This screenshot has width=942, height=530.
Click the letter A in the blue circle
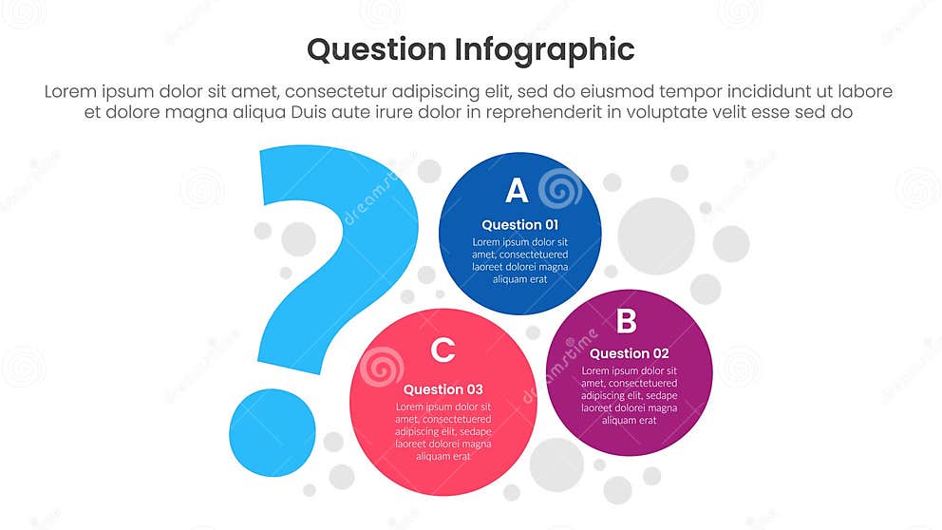[516, 191]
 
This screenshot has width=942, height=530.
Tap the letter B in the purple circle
[626, 322]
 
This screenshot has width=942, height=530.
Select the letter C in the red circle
[443, 350]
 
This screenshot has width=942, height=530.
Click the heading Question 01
[519, 225]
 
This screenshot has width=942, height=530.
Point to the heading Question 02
[629, 353]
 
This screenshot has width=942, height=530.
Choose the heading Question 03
[443, 389]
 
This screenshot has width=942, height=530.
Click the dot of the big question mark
[273, 432]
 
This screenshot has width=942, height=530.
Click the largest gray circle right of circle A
[656, 236]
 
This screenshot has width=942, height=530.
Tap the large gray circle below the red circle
[556, 464]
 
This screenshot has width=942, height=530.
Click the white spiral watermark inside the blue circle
[559, 188]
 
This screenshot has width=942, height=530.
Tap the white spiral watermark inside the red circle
[383, 367]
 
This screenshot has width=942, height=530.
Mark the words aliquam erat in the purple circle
[629, 420]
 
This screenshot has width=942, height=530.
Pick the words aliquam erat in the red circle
[443, 456]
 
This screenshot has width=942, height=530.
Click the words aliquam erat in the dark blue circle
[519, 279]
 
